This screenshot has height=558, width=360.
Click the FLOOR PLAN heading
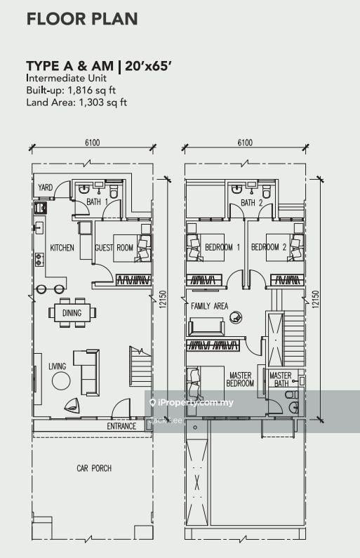82,19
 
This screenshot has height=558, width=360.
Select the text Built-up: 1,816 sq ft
71,91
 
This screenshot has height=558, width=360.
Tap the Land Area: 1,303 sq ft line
76,102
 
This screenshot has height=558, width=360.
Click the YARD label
45,187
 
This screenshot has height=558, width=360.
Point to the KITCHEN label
62,248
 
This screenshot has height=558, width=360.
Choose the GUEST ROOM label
114,248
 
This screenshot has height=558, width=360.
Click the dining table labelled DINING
72,313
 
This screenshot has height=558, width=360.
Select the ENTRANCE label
121,426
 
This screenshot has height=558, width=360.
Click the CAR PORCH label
94,468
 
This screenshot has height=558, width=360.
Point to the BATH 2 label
251,203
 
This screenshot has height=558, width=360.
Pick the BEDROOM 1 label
222,247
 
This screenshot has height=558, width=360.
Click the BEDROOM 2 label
269,247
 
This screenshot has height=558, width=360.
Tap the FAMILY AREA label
210,306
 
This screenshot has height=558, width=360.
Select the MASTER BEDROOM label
240,379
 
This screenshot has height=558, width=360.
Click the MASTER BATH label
281,379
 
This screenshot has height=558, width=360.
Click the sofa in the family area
206,327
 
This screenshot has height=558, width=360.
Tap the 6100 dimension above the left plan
92,142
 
